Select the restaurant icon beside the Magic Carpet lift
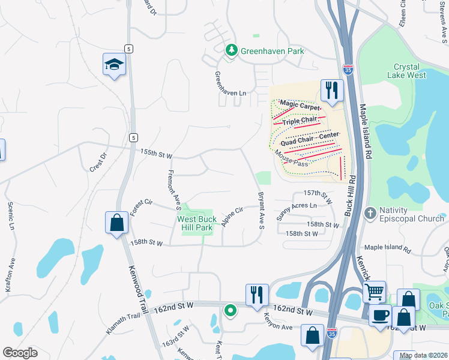pyautogui.click(x=331, y=91)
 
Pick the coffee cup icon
pyautogui.click(x=381, y=316)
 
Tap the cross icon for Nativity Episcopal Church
pyautogui.click(x=370, y=213)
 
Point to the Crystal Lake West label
pyautogui.click(x=410, y=71)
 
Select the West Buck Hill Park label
pyautogui.click(x=196, y=224)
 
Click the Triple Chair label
pyautogui.click(x=300, y=121)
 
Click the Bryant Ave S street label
pyautogui.click(x=261, y=211)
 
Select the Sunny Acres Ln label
pyautogui.click(x=296, y=209)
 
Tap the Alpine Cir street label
pyautogui.click(x=231, y=217)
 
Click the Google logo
pyautogui.click(x=20, y=352)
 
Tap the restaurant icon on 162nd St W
pyautogui.click(x=256, y=295)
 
